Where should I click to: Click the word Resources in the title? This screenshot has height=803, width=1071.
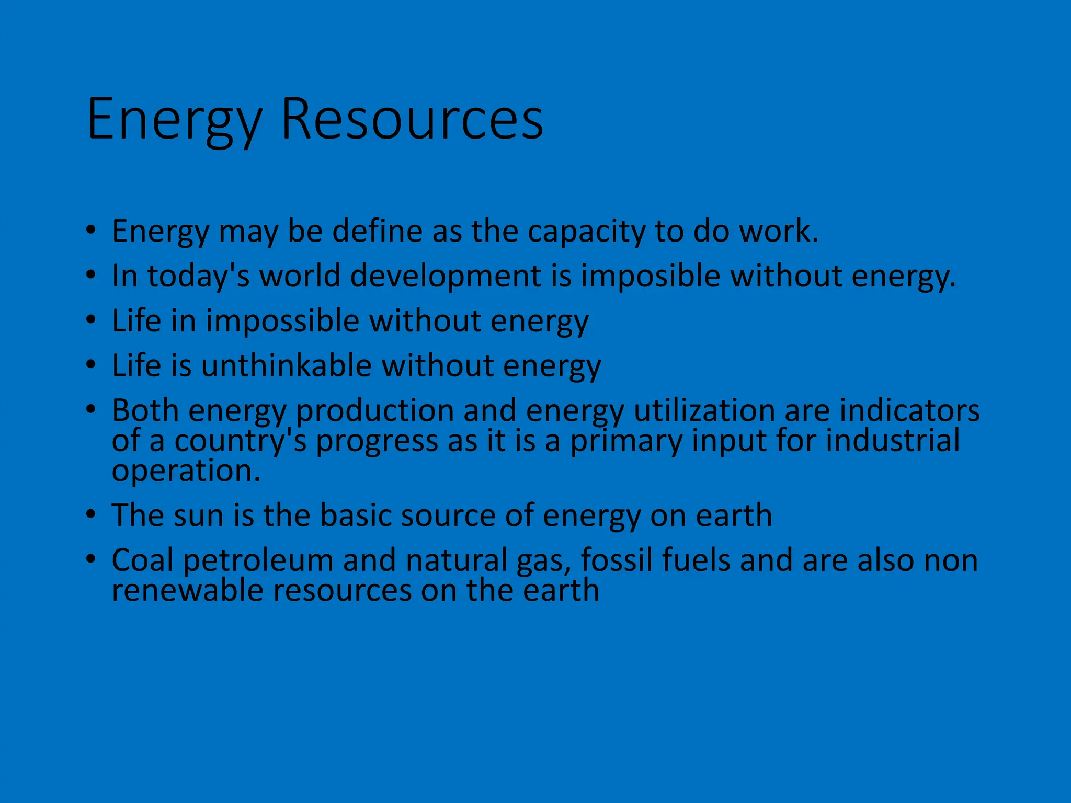(x=412, y=119)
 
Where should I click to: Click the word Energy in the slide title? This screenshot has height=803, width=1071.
(x=174, y=120)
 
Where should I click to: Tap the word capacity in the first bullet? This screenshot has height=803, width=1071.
(x=586, y=231)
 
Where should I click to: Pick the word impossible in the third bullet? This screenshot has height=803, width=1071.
(x=283, y=320)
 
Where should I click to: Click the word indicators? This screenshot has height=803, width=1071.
(x=909, y=410)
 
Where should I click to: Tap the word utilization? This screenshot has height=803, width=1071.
(x=704, y=410)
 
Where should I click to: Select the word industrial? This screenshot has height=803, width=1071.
(x=893, y=440)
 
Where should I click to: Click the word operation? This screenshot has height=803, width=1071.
(x=186, y=472)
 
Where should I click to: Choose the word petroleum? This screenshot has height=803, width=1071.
(x=258, y=561)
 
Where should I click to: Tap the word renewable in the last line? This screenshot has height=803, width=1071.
(x=187, y=590)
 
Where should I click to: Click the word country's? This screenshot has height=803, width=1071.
(x=240, y=441)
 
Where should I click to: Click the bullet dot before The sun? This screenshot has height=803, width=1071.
(x=92, y=514)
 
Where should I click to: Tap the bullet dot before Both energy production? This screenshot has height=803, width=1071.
(x=92, y=409)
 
